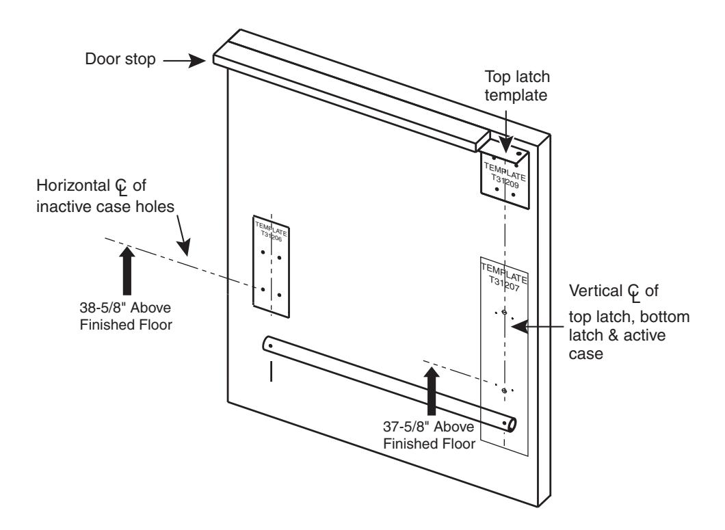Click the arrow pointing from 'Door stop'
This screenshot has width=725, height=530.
click(x=186, y=60)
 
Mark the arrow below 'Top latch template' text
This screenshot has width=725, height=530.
click(x=503, y=131)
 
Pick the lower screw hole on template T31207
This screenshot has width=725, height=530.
click(x=504, y=390)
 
